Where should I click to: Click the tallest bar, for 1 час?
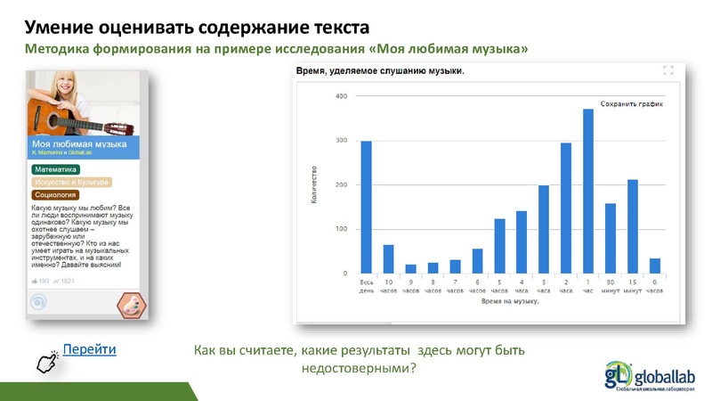pyautogui.click(x=588, y=192)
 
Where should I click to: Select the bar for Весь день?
pyautogui.click(x=366, y=208)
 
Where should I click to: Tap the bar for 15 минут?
pyautogui.click(x=633, y=227)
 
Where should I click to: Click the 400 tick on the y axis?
pyautogui.click(x=341, y=96)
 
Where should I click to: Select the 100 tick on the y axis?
pyautogui.click(x=341, y=230)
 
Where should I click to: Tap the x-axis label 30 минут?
pyautogui.click(x=611, y=286)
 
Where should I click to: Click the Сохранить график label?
pyautogui.click(x=633, y=104)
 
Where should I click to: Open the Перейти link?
pyautogui.click(x=90, y=348)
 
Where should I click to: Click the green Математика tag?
pyautogui.click(x=55, y=168)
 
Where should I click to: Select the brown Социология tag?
pyautogui.click(x=55, y=194)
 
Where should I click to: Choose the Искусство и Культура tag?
pyautogui.click(x=71, y=182)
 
